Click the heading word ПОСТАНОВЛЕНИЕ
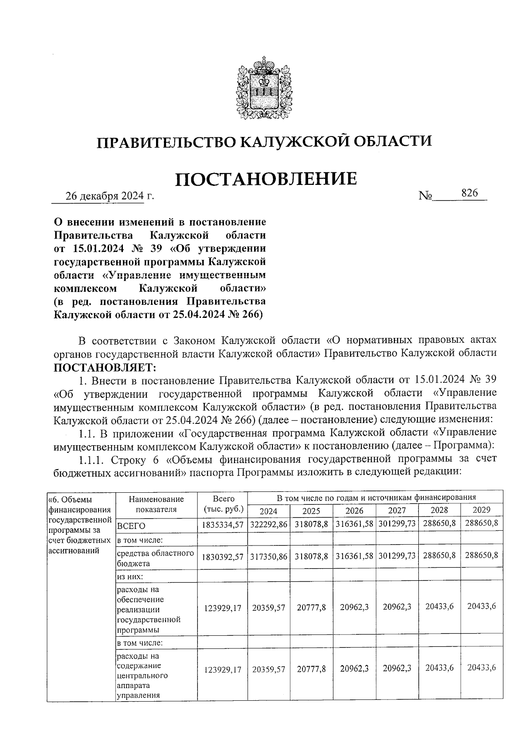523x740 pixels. point(266,179)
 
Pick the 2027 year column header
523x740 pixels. point(396,511)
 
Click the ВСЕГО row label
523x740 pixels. point(131,526)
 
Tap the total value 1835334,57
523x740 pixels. point(222,525)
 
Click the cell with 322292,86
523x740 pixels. point(268,525)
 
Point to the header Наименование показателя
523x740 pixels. point(156,504)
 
